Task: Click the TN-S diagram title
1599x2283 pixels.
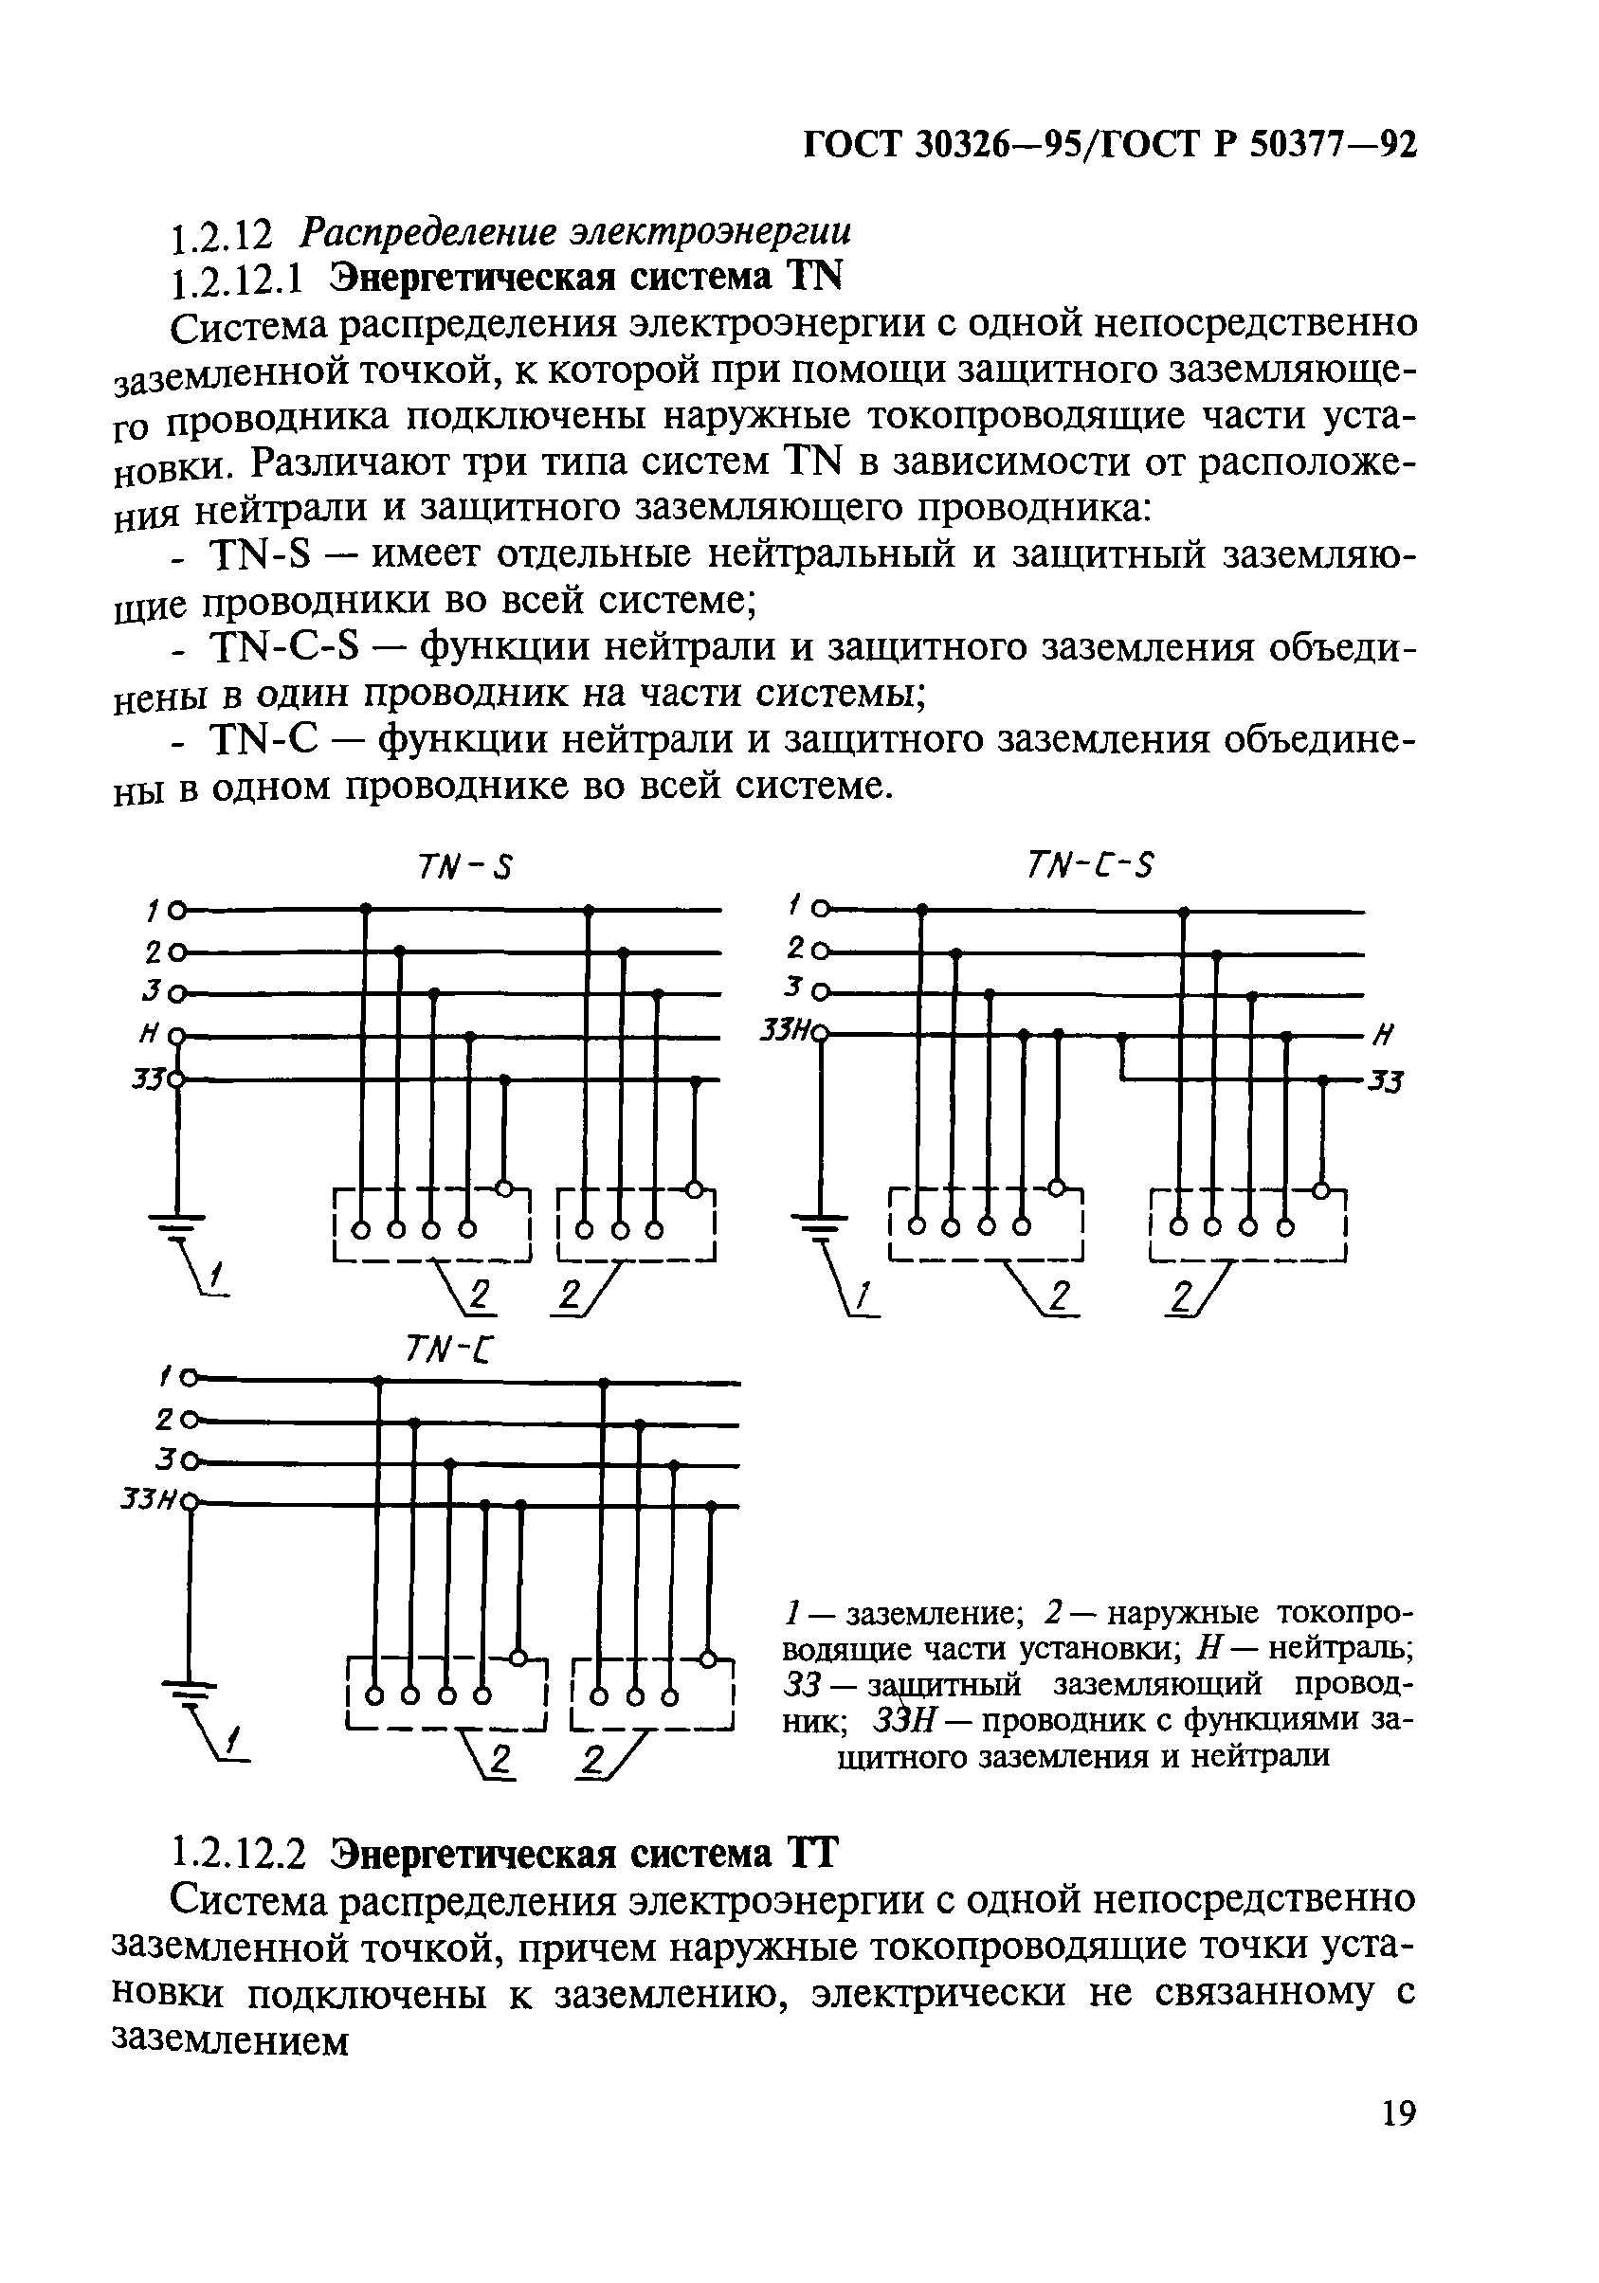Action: point(463,868)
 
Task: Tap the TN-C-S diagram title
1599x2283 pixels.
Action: point(1089,867)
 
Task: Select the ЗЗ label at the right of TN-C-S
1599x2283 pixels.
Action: point(1383,1082)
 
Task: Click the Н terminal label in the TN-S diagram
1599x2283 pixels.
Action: point(148,1035)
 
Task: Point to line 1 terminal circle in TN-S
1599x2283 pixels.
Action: point(176,909)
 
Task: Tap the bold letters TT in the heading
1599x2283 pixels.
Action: point(812,1874)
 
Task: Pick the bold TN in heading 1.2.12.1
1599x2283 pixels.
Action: point(813,278)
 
